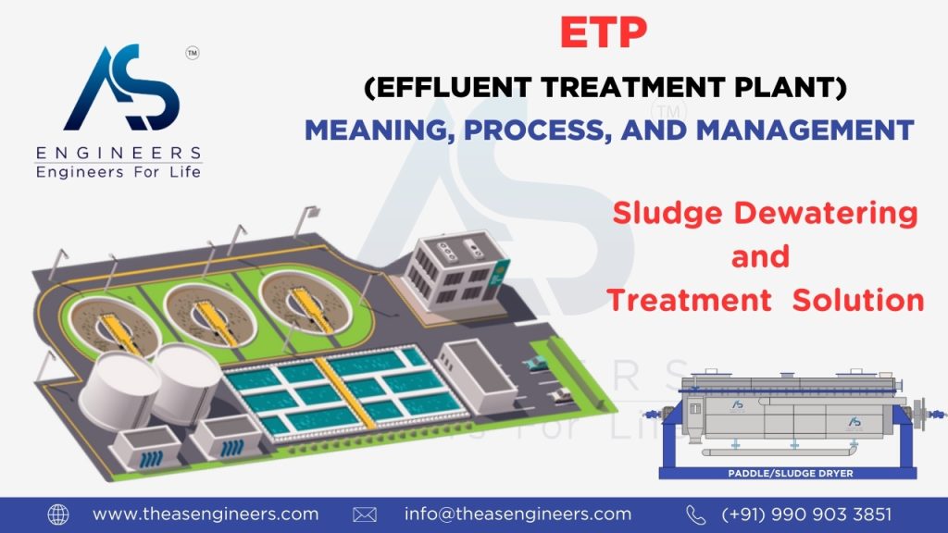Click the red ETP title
point(604,32)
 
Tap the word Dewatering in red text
point(826,215)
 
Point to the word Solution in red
point(858,301)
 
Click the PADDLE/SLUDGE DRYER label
point(791,473)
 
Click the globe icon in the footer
point(58,514)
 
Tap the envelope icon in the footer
point(365,514)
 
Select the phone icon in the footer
point(696,514)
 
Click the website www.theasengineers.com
point(206,514)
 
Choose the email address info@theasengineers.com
point(518,514)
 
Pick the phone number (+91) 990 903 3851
point(806,514)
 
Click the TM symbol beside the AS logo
point(193,53)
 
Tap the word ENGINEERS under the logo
point(118,153)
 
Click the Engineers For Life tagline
point(118,172)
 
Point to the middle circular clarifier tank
point(210,315)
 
